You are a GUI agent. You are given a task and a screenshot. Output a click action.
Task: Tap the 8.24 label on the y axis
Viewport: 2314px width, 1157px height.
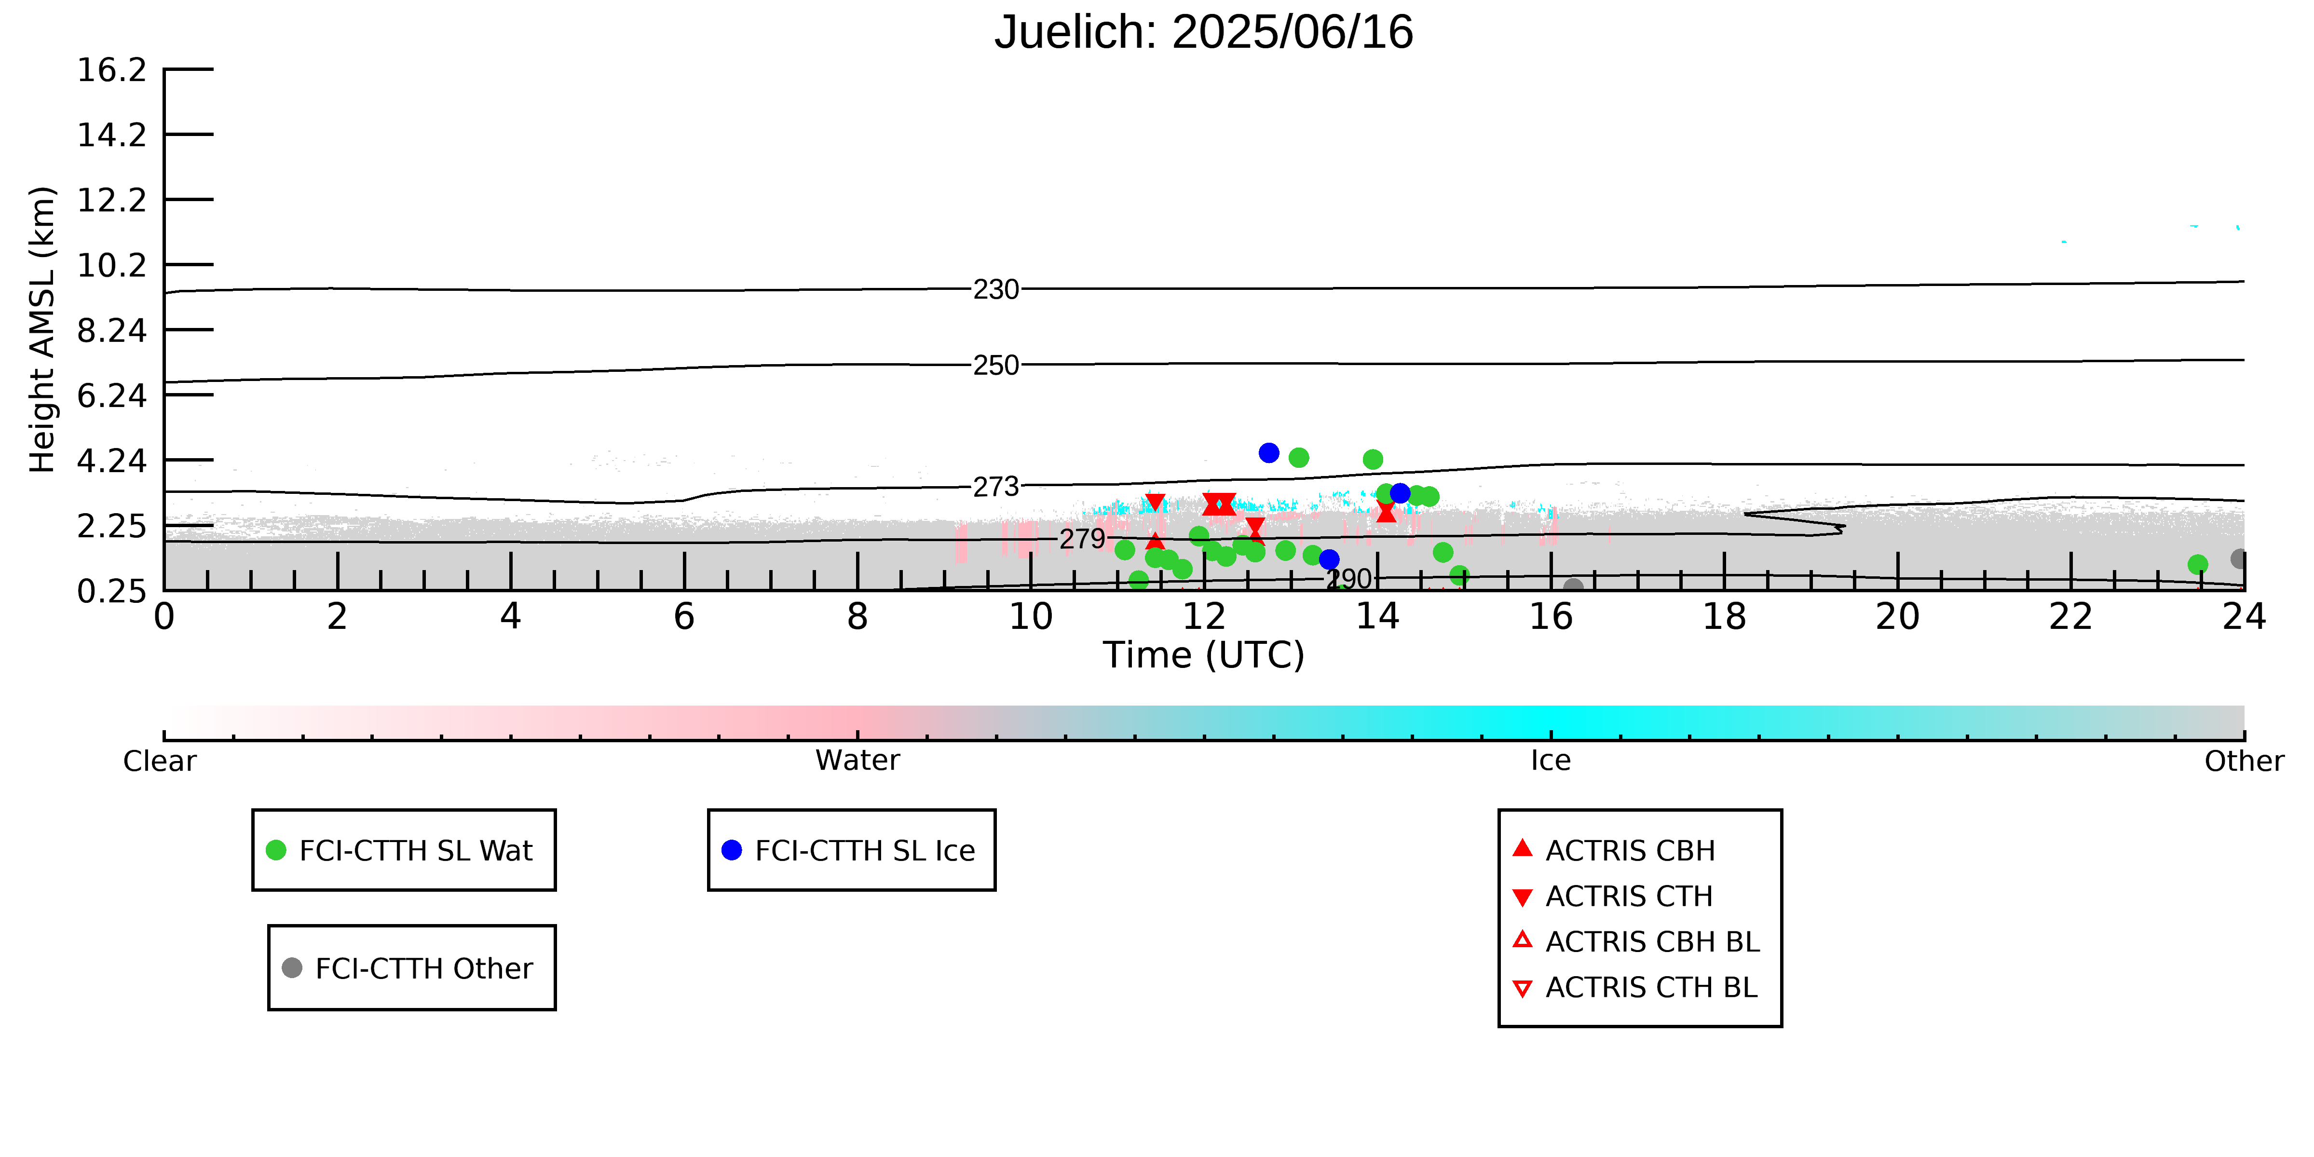point(111,330)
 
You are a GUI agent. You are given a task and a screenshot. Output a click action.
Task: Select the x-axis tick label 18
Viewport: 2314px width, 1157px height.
point(1724,617)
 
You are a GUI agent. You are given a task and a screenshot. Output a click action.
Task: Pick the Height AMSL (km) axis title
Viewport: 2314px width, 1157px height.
point(42,330)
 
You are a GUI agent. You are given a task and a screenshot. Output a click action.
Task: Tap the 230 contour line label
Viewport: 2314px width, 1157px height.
point(996,289)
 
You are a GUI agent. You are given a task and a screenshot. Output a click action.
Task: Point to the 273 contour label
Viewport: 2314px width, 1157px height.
point(996,487)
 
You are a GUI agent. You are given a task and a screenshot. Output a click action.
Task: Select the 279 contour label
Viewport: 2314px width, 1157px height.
point(1082,539)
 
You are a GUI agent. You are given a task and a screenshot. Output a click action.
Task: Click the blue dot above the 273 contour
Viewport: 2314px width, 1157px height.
point(1268,453)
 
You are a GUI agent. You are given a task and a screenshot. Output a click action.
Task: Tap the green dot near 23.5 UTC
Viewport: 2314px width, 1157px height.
point(2197,564)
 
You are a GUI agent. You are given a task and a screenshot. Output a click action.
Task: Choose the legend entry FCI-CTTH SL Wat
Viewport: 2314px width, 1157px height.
point(403,850)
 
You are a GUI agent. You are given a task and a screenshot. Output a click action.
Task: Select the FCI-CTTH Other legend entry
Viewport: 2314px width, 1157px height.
point(411,967)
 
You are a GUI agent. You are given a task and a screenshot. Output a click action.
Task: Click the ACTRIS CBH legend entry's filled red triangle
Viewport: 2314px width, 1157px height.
point(1522,848)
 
